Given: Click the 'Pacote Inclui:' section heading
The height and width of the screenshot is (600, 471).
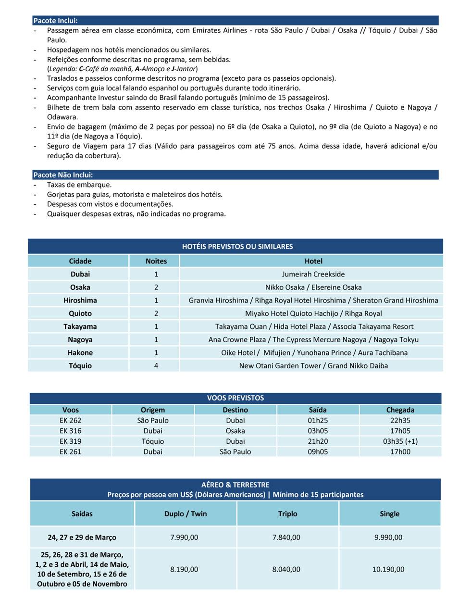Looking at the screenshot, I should pos(55,21).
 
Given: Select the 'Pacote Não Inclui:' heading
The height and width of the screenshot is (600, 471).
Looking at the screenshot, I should pos(63,175).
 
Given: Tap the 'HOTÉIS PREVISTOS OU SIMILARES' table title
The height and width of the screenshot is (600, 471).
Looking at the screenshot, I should pos(237,247).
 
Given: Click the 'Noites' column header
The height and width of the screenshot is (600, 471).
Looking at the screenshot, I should pos(156,261).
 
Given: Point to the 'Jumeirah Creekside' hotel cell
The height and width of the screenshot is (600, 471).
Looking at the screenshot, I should pos(313,274).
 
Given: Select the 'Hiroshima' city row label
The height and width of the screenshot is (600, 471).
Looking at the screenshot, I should pos(80,300).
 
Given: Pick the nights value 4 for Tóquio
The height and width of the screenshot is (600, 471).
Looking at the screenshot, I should pos(156,366).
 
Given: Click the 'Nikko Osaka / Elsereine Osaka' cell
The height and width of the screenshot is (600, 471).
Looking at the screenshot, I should pos(313,287).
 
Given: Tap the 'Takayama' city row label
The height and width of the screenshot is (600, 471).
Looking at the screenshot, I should pos(80,326).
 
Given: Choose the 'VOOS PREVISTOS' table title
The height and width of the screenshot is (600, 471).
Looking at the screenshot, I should pos(235,398).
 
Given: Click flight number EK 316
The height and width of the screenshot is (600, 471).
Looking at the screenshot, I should pos(71,431).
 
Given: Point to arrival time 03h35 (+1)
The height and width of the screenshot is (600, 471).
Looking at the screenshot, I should pos(400,441).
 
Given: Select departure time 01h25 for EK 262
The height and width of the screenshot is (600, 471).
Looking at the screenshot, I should pos(318,420).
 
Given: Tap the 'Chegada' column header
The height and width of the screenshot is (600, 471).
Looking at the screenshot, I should pos(400,410).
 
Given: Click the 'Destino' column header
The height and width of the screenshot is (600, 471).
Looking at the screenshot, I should pos(235,410).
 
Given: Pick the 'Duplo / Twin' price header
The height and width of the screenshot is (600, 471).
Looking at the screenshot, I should pos(186,514).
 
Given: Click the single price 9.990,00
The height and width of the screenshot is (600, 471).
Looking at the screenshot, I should pos(388,537).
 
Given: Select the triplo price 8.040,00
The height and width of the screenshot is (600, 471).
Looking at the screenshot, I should pos(286,569).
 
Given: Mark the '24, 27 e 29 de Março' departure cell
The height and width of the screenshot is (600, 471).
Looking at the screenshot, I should pos(82,537).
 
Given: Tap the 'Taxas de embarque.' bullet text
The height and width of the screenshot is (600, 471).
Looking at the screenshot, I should pos(79,185).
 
